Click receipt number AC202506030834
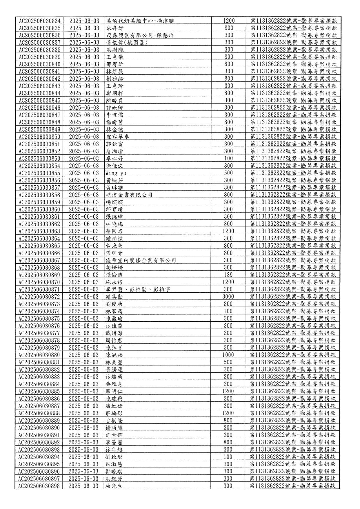click(40, 21)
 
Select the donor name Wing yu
click(116, 173)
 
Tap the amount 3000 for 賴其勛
click(228, 297)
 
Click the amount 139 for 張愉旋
click(228, 275)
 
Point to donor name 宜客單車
click(117, 137)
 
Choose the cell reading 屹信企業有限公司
click(129, 195)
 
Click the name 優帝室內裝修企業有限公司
click(141, 260)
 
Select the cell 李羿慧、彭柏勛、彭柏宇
click(138, 289)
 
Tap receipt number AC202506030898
click(39, 486)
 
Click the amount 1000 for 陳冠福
click(228, 355)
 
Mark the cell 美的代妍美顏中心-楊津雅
click(140, 21)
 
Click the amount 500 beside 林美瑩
click(228, 362)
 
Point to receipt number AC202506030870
click(39, 282)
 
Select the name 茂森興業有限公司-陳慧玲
click(140, 35)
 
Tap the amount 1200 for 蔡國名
click(228, 231)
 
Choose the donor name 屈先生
click(114, 486)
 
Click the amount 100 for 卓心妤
click(228, 159)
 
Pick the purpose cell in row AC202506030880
click(293, 355)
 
